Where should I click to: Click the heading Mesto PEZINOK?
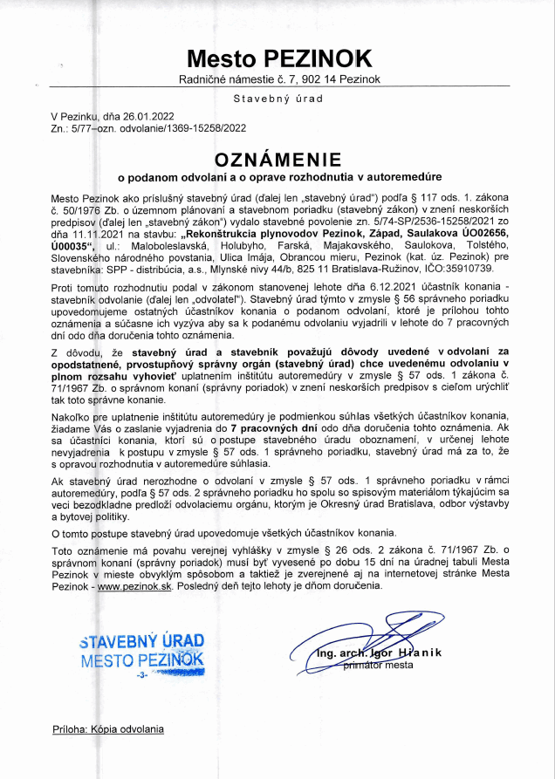point(278,58)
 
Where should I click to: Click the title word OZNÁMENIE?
point(277,160)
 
